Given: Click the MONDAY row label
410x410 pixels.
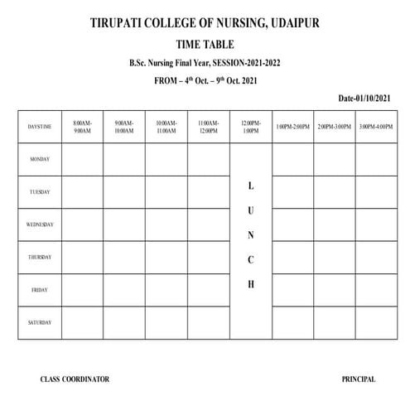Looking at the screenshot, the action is (39, 159).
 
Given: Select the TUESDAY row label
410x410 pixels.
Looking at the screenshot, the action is (39, 192).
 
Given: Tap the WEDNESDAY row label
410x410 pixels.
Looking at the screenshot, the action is (39, 224).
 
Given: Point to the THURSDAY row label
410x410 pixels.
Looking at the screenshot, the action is (39, 258).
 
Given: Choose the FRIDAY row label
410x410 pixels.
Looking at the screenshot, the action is (39, 290).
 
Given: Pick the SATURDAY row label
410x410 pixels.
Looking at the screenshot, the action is (39, 322).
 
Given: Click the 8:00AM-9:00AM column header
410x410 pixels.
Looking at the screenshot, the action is (82, 126).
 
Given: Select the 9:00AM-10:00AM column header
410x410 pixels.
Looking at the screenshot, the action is (124, 126).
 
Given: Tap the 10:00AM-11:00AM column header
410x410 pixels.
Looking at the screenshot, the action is (166, 126).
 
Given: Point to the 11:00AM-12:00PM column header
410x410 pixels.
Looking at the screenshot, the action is (209, 126).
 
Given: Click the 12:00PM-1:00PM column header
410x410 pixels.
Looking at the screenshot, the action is (251, 126).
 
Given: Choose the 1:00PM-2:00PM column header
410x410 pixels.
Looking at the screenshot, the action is (292, 126).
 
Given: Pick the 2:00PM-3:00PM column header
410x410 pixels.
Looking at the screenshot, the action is (335, 126).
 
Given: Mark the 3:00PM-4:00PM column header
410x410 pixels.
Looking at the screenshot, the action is (377, 126).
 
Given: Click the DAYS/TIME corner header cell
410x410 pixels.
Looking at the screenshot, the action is (39, 126).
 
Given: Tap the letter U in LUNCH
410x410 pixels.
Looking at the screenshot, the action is (251, 210).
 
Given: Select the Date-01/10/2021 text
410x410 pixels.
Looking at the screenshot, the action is (364, 99).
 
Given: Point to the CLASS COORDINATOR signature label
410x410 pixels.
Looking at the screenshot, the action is (75, 379).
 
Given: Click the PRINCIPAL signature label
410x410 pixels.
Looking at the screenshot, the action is (358, 379).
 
